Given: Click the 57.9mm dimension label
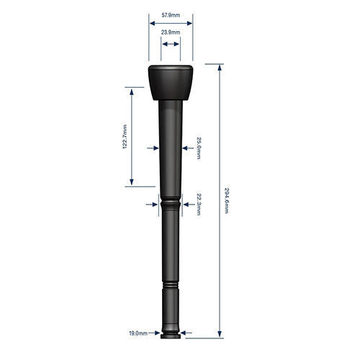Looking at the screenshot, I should coord(171,14).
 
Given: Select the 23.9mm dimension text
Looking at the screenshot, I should coord(171,32).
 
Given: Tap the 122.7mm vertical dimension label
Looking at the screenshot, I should coord(125,137).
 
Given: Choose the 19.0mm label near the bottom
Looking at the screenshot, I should coord(138,333).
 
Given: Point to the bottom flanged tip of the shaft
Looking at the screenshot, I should coord(171,333).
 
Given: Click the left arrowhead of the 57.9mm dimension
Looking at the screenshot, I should coord(152,23).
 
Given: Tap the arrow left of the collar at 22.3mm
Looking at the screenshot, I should coord(154,204).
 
